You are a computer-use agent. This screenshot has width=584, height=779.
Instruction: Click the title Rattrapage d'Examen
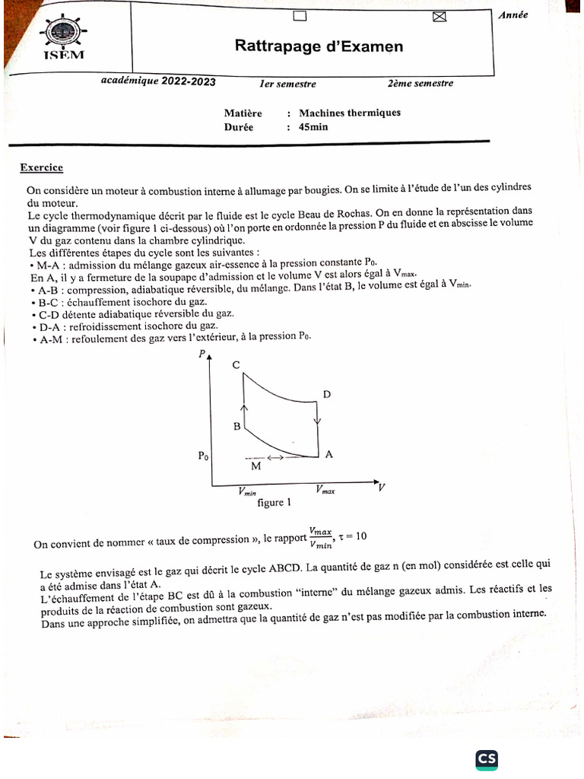pyautogui.click(x=319, y=47)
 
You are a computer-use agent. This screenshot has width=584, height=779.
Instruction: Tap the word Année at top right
pyautogui.click(x=513, y=14)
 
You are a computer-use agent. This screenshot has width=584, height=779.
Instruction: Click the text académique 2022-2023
pyautogui.click(x=158, y=82)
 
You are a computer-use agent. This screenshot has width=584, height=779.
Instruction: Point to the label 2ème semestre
pyautogui.click(x=420, y=84)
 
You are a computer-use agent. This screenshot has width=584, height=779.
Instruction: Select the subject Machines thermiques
pyautogui.click(x=350, y=113)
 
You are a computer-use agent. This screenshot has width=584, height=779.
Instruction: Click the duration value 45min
pyautogui.click(x=313, y=127)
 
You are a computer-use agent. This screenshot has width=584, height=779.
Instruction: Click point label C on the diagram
pyautogui.click(x=236, y=366)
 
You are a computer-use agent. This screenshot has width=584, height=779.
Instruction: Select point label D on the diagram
pyautogui.click(x=327, y=394)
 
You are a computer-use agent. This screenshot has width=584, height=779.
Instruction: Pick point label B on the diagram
pyautogui.click(x=236, y=427)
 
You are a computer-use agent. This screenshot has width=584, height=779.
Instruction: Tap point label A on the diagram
pyautogui.click(x=329, y=454)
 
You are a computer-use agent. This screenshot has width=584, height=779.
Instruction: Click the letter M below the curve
pyautogui.click(x=255, y=466)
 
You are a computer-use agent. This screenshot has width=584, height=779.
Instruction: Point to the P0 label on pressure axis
pyautogui.click(x=203, y=456)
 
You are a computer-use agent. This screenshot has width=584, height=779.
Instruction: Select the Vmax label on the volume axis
pyautogui.click(x=324, y=491)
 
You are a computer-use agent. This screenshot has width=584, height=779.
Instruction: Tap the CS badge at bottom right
pyautogui.click(x=487, y=759)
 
